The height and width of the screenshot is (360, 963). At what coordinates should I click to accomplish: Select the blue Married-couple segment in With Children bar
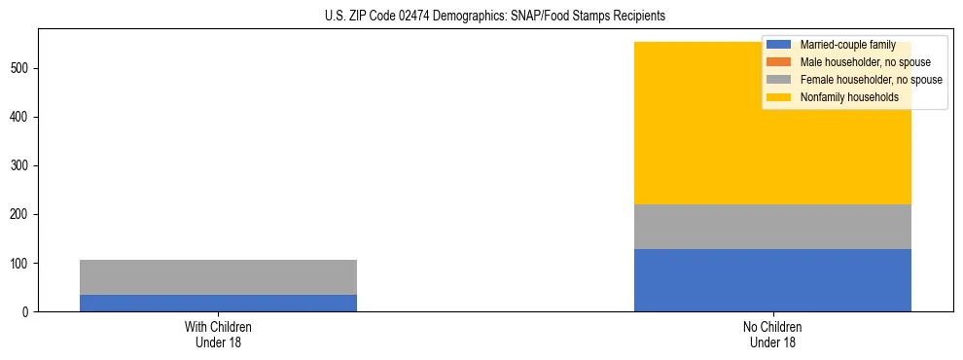(218, 303)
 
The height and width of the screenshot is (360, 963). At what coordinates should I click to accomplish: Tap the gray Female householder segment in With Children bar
(218, 277)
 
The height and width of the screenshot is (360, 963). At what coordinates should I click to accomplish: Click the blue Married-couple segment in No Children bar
(772, 280)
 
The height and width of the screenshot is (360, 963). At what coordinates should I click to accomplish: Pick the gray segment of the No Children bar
(772, 227)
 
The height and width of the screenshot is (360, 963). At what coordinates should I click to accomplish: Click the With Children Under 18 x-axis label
(218, 334)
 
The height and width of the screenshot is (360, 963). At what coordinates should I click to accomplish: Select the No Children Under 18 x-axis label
(772, 334)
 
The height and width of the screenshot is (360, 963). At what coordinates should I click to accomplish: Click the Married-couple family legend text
(847, 45)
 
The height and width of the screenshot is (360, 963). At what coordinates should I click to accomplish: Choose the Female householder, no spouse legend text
(871, 80)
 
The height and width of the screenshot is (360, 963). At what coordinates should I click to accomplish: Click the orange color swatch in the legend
(779, 62)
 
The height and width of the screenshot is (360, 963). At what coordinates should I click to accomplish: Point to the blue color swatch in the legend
(779, 45)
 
